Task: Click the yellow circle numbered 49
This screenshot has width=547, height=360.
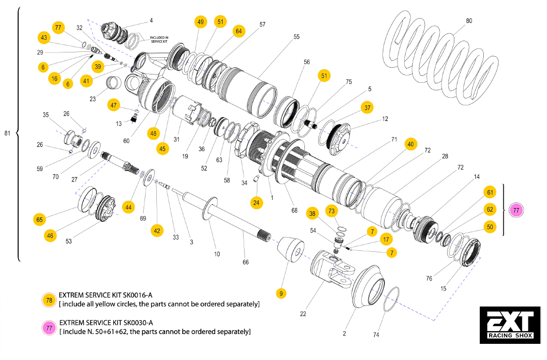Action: [x=200, y=22]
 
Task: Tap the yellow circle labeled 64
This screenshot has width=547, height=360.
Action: [x=239, y=31]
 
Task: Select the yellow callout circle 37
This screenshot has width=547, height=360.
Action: [x=368, y=107]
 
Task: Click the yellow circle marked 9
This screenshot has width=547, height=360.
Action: [x=281, y=293]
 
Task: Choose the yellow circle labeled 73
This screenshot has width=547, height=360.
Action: [x=332, y=211]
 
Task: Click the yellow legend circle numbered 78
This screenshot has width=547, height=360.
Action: [x=49, y=300]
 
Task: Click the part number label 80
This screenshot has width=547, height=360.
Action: [x=469, y=21]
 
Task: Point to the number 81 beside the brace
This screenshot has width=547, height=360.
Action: [x=7, y=133]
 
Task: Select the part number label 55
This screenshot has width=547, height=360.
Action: [x=297, y=37]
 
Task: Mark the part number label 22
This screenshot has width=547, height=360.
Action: [x=303, y=313]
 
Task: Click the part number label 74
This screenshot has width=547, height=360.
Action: [x=376, y=335]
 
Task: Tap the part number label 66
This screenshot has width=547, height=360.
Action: [x=246, y=262]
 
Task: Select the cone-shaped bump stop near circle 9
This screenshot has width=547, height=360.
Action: [x=292, y=251]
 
